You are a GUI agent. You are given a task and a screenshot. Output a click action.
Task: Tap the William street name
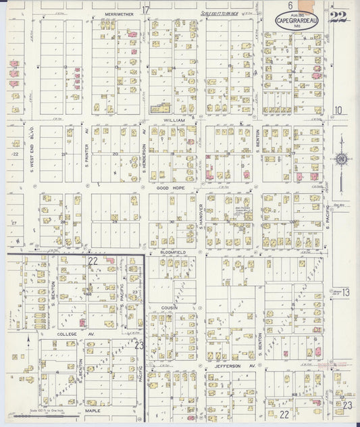point(174,119)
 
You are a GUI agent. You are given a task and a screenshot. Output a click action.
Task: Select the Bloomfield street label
point(173,252)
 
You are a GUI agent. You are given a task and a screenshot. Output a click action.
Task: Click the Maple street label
point(93,409)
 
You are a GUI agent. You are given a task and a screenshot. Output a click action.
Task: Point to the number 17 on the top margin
point(145,9)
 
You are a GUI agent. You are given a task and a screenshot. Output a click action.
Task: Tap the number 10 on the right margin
point(338,110)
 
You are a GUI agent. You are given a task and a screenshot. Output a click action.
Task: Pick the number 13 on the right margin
point(345,292)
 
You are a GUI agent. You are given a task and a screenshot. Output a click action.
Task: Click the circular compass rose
point(341,159)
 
